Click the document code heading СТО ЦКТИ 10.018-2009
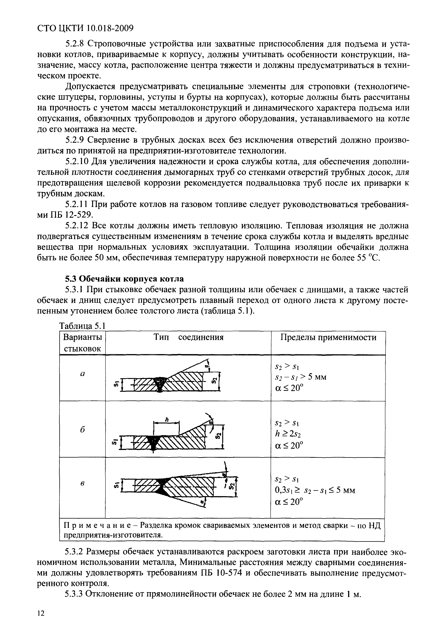pyautogui.click(x=85, y=28)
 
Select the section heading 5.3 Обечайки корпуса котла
pyautogui.click(x=124, y=279)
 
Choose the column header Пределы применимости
pyautogui.click(x=328, y=337)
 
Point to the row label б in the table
pyautogui.click(x=82, y=429)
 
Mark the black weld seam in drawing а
pyautogui.click(x=159, y=383)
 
